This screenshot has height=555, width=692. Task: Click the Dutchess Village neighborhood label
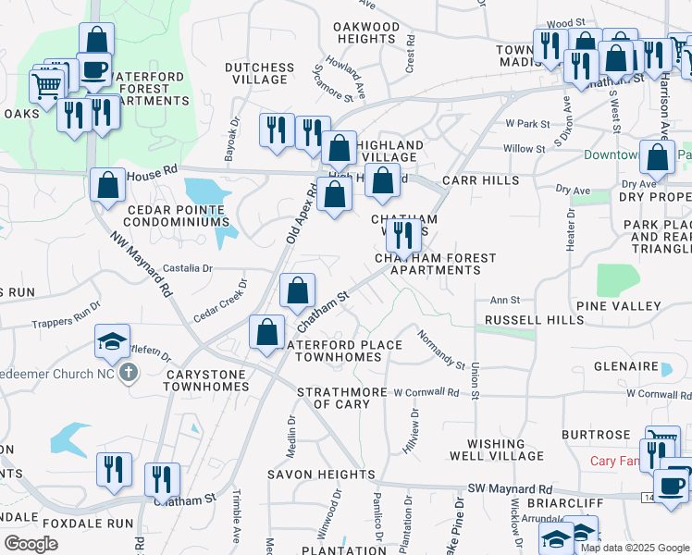(260, 73)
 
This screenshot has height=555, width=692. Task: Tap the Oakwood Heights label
(367, 33)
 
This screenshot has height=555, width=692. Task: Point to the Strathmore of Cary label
(341, 398)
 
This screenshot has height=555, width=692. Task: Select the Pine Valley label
(618, 306)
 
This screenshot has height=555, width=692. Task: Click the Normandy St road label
(440, 348)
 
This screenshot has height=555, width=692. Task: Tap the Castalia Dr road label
(188, 268)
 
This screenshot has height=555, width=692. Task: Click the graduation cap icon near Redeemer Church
(112, 342)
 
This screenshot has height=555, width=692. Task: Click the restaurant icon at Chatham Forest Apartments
(402, 234)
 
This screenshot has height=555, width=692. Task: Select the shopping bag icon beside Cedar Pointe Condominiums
(108, 184)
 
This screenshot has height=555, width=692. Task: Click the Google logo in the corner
(31, 544)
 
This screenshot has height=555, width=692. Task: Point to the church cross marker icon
(128, 373)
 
